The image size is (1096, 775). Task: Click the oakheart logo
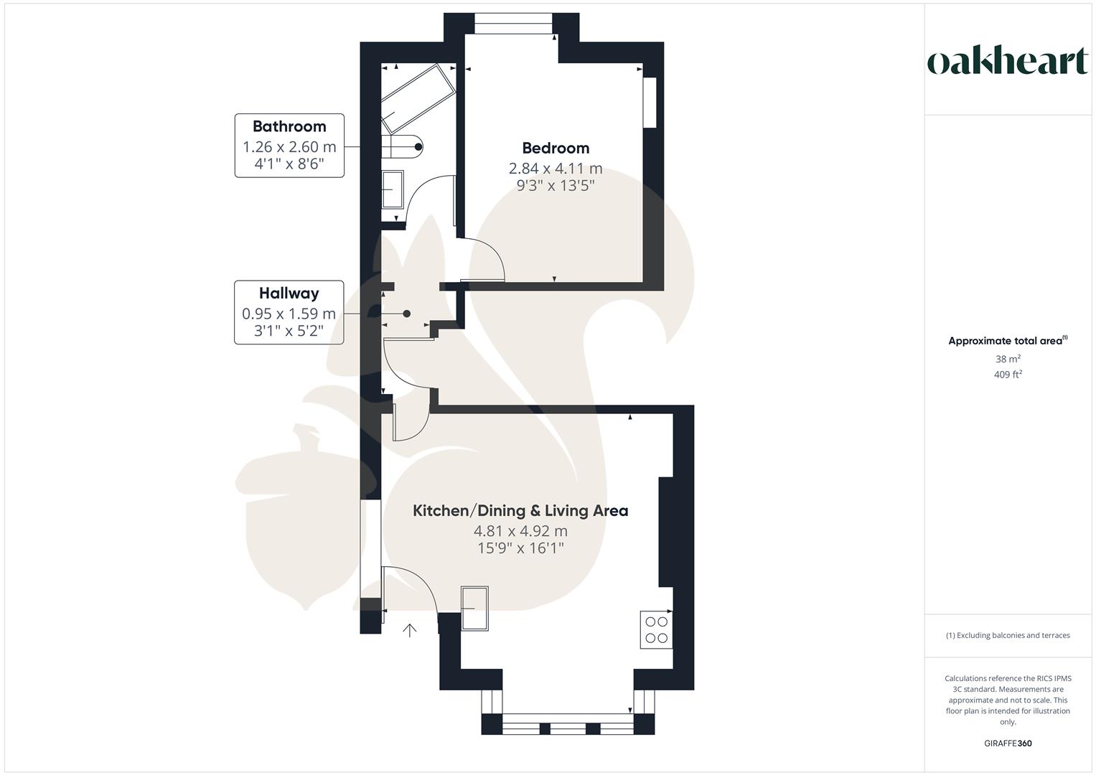click(x=1007, y=62)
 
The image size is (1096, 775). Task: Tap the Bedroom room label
click(x=556, y=149)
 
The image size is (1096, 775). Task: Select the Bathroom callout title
click(x=289, y=126)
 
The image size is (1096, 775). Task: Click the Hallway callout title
click(x=289, y=293)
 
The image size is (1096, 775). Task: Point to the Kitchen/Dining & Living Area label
click(x=520, y=511)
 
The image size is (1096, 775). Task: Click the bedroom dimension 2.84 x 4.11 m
click(x=556, y=169)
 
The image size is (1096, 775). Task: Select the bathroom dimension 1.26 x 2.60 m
click(x=289, y=147)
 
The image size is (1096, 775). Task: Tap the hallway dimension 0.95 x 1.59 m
click(x=289, y=314)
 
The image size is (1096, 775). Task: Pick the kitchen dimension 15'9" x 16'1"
click(x=520, y=548)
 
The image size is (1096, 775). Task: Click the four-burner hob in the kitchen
click(x=656, y=629)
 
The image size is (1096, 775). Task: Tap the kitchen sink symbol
click(x=474, y=609)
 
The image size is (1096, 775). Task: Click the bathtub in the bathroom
click(x=418, y=97)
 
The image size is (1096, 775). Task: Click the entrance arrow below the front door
click(x=410, y=631)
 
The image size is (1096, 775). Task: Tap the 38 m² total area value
click(x=1007, y=359)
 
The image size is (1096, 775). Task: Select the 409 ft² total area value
click(x=1007, y=375)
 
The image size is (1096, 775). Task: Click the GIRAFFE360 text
click(x=1007, y=743)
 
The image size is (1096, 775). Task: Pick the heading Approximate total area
click(x=1007, y=341)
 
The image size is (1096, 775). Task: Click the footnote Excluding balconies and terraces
click(x=1007, y=635)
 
